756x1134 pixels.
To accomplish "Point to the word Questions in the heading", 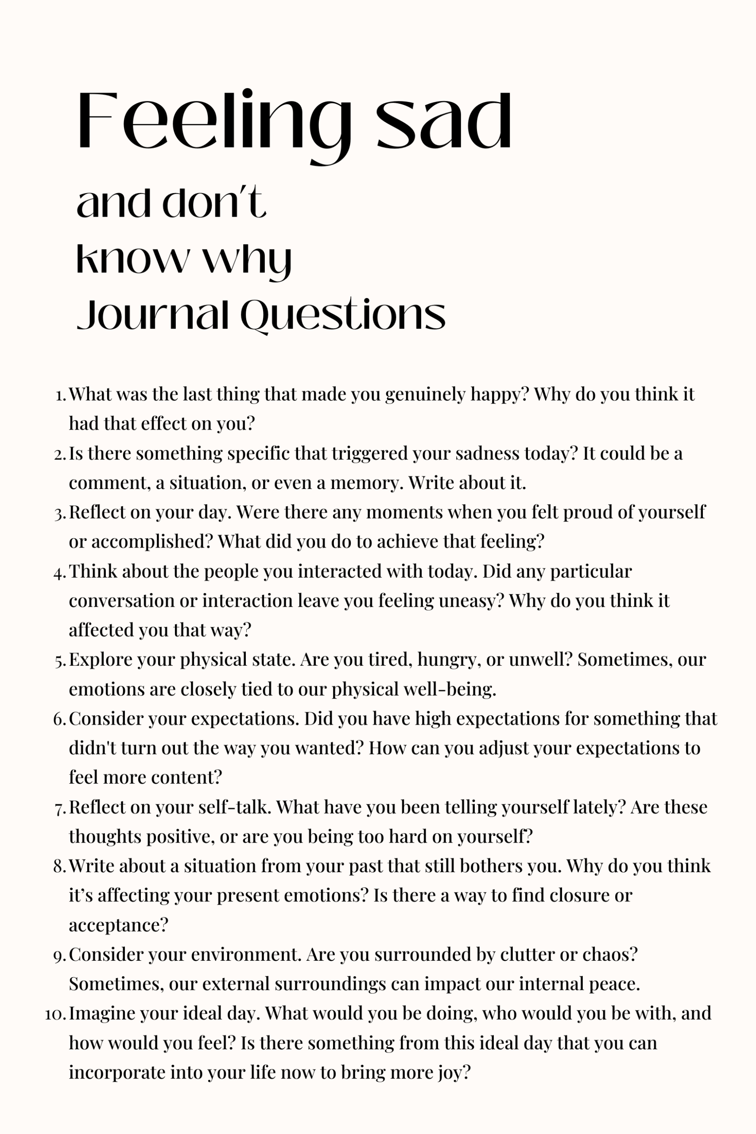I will tap(343, 316).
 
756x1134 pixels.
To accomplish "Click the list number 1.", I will tap(60, 396).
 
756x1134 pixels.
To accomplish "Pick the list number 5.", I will tap(60, 660).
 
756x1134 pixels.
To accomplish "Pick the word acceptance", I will tap(118, 926).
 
